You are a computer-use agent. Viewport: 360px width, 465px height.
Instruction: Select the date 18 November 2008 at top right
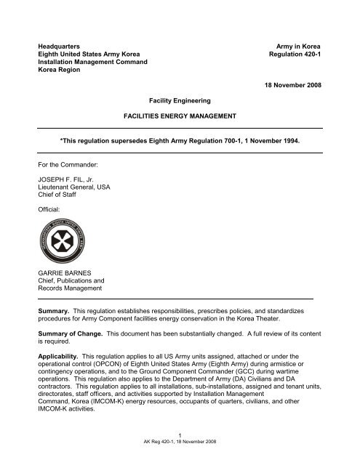tap(301, 85)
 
